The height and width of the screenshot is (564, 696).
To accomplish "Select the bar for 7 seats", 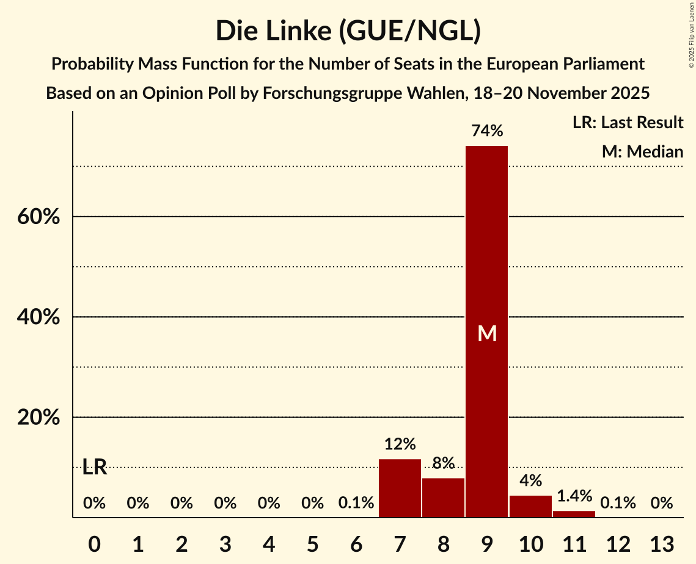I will point(400,488).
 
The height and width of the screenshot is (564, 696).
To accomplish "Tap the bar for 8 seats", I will point(443,497).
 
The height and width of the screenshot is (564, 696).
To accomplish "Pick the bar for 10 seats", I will point(530,507).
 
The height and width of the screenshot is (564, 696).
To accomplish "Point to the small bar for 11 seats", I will point(574,514).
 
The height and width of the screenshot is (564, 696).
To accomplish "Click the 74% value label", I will point(486,131).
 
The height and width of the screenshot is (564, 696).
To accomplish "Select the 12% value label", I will point(400,444).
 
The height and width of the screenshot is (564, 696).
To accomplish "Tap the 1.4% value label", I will point(574,496).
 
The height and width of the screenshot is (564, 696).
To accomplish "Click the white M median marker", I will point(487,333).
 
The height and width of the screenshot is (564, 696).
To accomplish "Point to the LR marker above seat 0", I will point(95,468).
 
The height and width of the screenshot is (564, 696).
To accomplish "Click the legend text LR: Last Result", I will point(628,123).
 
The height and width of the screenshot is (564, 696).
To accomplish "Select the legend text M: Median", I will point(642,152).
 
